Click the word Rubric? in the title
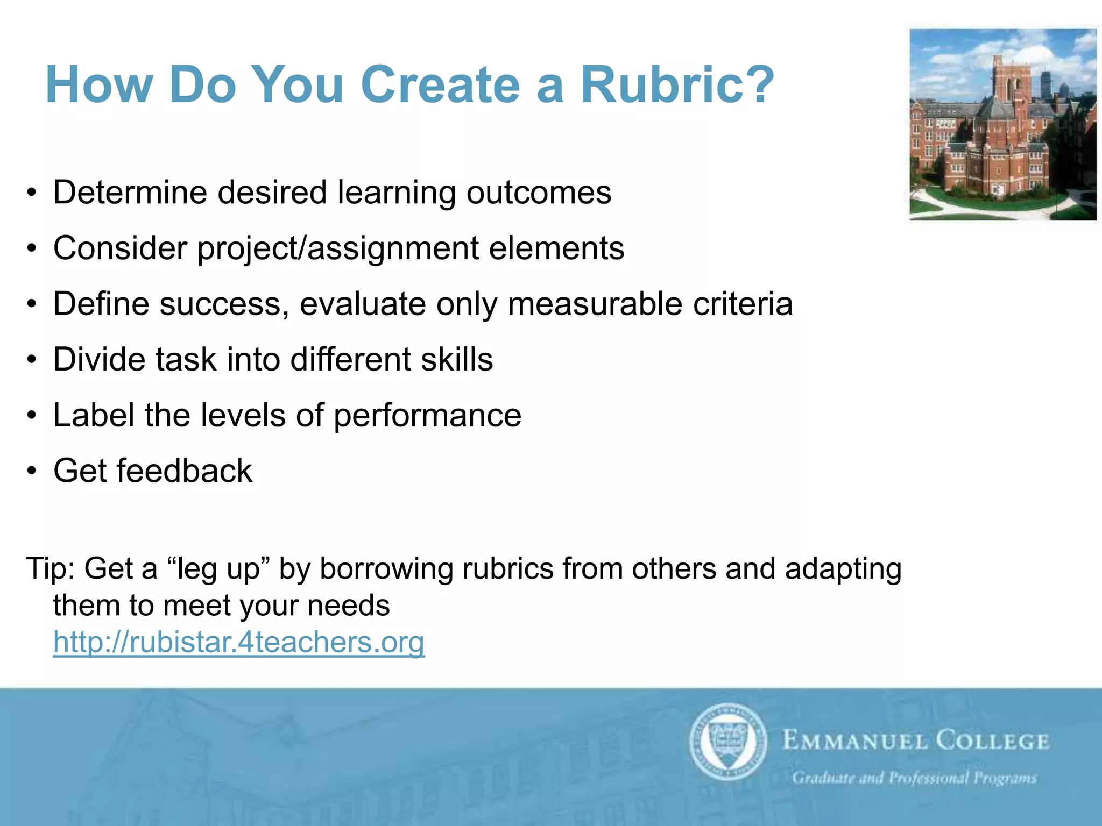tap(677, 85)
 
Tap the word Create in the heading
tap(440, 85)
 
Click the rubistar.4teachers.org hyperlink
tap(239, 642)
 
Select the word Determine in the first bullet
tap(130, 193)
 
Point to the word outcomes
tap(539, 193)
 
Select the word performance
tap(427, 416)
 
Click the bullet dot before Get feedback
tap(32, 472)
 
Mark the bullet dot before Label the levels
tap(32, 416)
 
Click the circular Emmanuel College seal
tap(727, 741)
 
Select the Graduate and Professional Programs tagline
tap(914, 778)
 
